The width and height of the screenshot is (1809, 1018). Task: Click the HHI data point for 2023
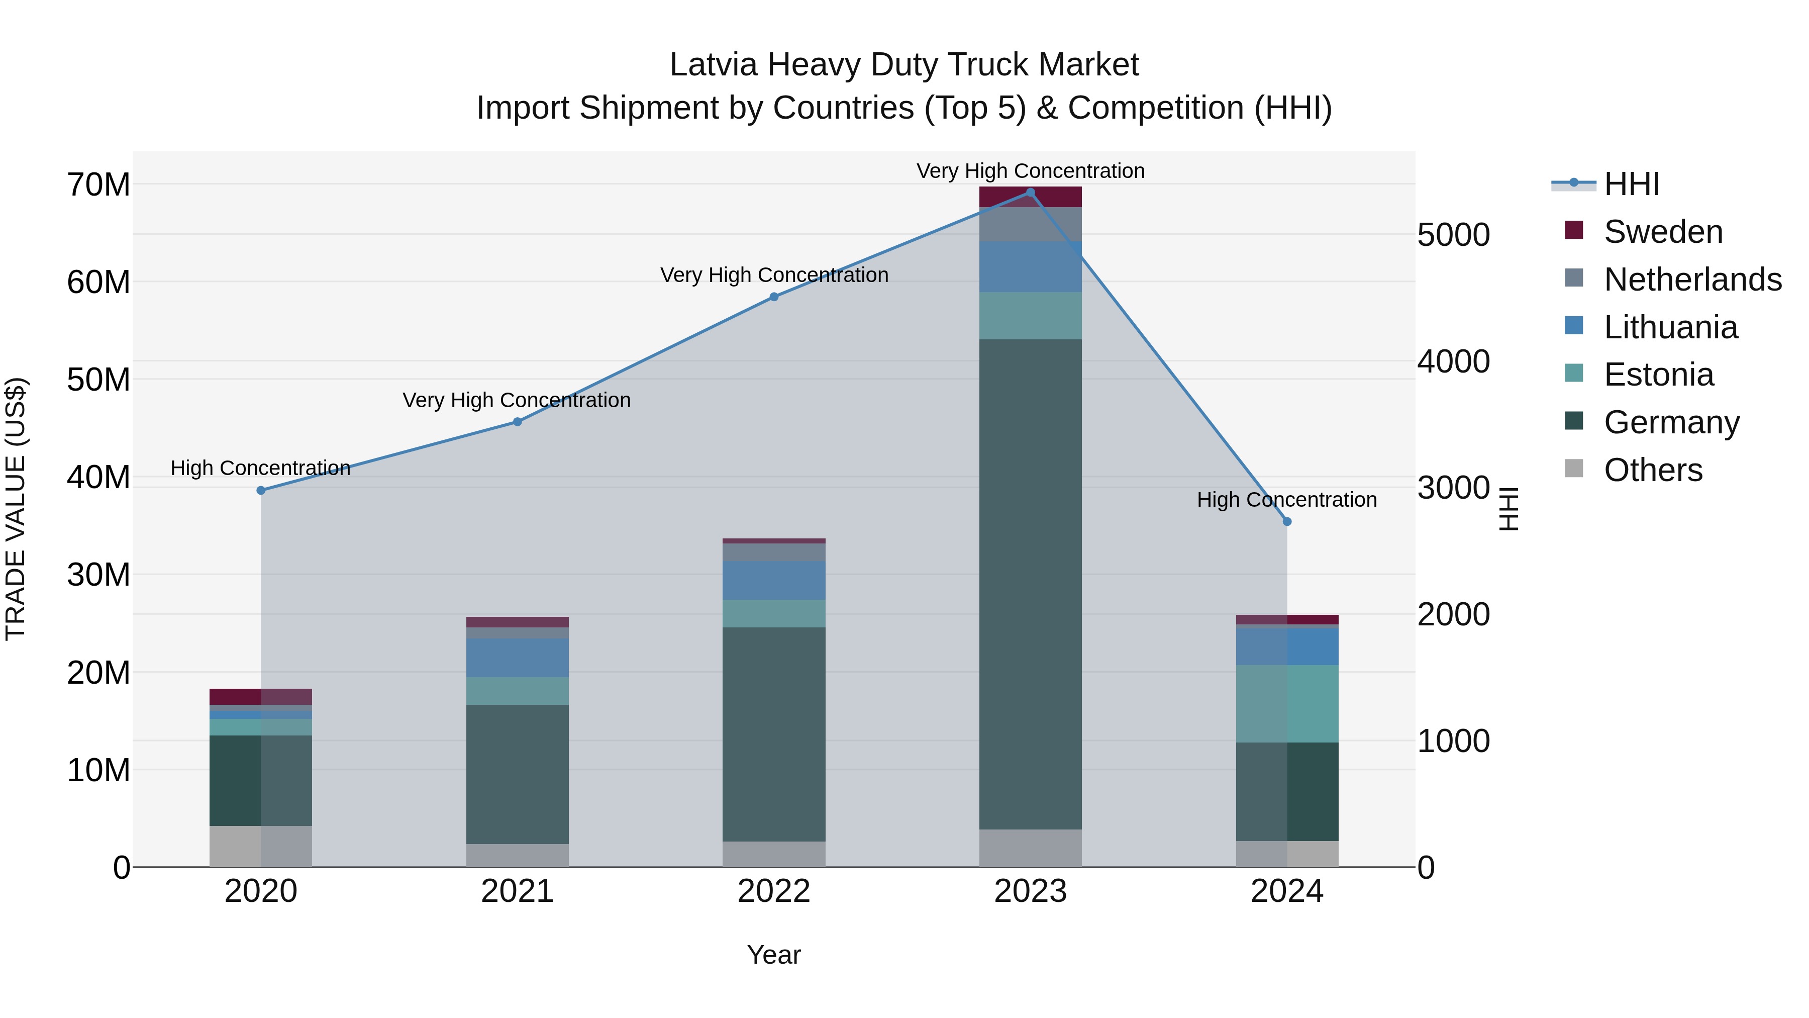1030,193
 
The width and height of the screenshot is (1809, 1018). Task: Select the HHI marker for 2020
261,490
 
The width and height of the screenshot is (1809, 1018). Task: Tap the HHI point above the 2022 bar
774,297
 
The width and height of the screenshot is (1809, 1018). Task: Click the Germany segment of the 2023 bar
1030,583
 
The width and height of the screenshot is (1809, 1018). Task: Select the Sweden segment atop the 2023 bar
1030,197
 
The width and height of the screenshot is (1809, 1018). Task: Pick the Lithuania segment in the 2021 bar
518,658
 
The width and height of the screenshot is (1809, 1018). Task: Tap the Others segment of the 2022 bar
774,854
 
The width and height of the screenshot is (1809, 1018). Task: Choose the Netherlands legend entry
1692,280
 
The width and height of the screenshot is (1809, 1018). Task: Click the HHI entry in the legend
1631,184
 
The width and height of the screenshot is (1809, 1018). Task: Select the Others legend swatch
1574,469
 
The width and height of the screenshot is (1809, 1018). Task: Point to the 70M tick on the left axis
98,185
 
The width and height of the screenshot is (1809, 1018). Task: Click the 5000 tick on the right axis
1453,235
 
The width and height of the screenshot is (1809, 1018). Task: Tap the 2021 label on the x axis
518,891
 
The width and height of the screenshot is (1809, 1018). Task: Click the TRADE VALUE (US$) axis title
16,509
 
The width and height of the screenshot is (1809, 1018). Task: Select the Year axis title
774,955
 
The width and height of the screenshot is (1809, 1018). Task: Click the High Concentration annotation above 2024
1286,500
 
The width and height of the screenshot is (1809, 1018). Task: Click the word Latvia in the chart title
714,65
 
